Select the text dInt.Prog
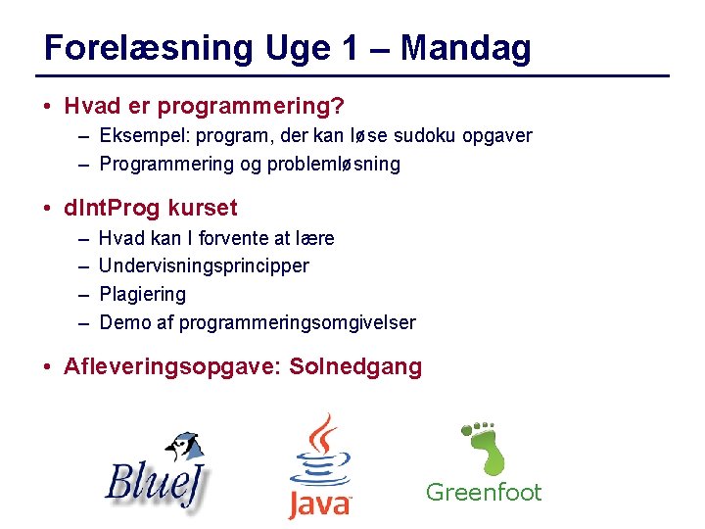112,208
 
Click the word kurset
203,208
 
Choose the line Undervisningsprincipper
204,265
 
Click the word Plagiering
142,294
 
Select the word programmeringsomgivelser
298,322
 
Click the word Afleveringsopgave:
173,367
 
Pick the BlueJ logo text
157,483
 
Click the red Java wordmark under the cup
319,504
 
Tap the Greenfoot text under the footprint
483,492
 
